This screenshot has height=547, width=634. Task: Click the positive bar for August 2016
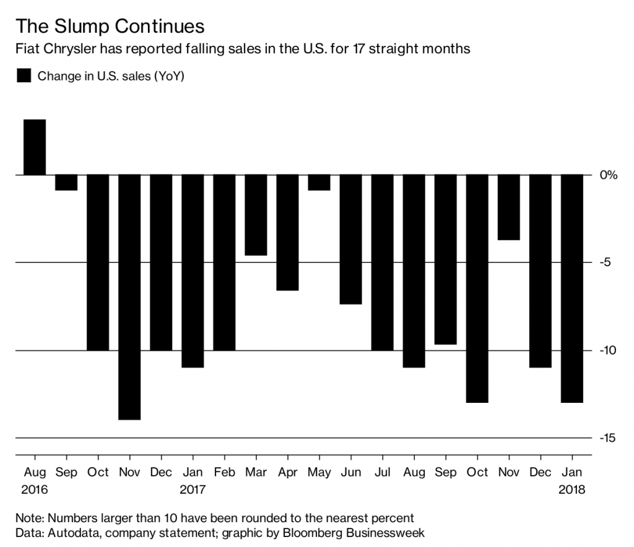[35, 147]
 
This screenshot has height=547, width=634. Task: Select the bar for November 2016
[130, 297]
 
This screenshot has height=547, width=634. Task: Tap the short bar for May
[319, 183]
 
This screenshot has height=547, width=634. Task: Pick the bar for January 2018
[571, 288]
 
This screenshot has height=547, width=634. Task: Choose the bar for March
[256, 215]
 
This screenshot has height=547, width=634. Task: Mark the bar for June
[350, 239]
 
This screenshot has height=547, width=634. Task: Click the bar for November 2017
[508, 207]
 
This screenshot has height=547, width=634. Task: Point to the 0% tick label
[609, 175]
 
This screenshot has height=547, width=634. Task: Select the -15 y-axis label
[608, 438]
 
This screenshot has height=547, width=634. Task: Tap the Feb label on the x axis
[224, 473]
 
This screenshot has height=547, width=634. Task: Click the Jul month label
[382, 473]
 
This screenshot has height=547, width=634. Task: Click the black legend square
[24, 76]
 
